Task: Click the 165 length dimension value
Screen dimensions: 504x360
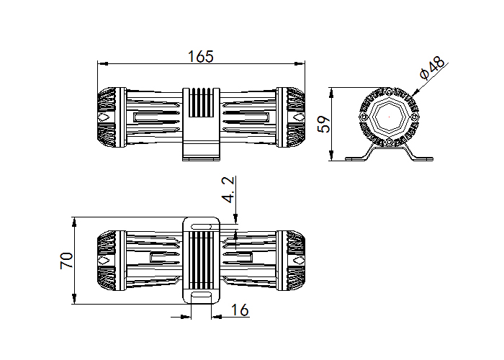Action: click(x=200, y=56)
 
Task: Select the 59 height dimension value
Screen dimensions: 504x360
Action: click(x=324, y=124)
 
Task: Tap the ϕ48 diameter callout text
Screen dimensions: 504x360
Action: click(x=433, y=68)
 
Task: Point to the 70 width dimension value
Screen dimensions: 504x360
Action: click(x=66, y=261)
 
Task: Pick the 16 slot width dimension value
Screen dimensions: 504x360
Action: click(x=240, y=310)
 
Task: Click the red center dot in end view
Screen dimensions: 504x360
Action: click(x=389, y=117)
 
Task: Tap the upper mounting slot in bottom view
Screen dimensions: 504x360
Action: click(x=201, y=227)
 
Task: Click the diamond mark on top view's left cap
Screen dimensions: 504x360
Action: click(x=103, y=117)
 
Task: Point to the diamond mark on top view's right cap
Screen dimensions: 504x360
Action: click(x=299, y=117)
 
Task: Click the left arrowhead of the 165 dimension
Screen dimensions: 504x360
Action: click(x=102, y=63)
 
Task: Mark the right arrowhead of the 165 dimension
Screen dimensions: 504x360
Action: click(x=300, y=63)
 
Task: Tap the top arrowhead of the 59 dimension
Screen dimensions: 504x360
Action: click(x=331, y=93)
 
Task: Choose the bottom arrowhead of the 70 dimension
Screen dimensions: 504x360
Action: click(x=74, y=299)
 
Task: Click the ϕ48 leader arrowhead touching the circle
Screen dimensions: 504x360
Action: click(x=415, y=93)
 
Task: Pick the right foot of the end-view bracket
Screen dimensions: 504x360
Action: click(x=423, y=158)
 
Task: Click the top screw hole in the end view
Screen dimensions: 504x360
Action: click(x=390, y=92)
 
